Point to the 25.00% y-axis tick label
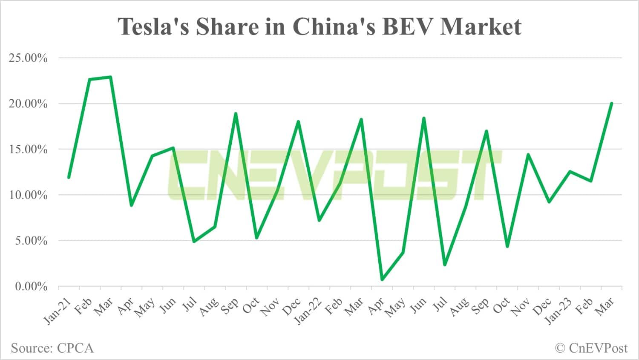[28, 58]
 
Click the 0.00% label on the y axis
[31, 287]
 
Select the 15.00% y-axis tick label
[28, 150]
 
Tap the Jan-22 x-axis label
[308, 312]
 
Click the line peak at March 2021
[110, 77]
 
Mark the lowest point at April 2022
[382, 279]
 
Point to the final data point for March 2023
[611, 104]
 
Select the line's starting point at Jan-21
[69, 177]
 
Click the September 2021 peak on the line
[236, 113]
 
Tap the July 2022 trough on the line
[444, 265]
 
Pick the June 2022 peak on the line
[423, 118]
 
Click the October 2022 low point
[507, 246]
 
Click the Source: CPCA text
[52, 348]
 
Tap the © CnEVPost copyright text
[591, 348]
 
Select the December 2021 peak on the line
[298, 121]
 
